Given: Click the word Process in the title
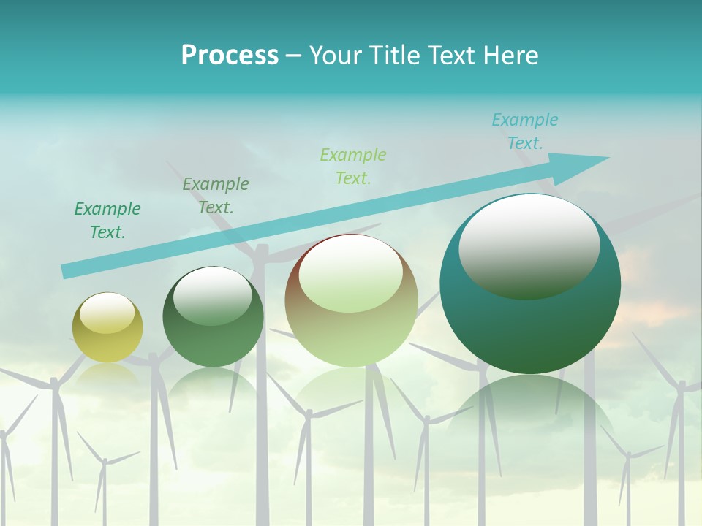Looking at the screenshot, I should (230, 56).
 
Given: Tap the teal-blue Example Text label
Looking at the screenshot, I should (524, 131).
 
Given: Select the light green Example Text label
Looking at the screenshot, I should (353, 166).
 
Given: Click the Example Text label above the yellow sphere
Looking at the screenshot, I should (107, 220).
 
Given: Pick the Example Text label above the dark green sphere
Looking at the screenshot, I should (216, 195).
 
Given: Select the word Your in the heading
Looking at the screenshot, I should (332, 56).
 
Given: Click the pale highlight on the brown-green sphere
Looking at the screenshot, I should (350, 274).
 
